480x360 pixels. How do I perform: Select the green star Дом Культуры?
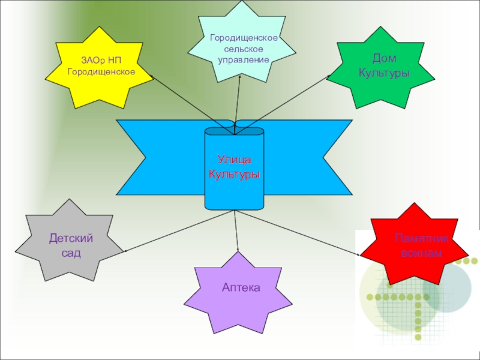384,67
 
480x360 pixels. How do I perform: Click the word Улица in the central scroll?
234,160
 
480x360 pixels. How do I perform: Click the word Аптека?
241,288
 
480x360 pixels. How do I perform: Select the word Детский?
71,239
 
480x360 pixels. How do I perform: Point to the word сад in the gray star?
71,253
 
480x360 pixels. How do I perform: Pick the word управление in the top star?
243,60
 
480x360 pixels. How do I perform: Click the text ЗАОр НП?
101,61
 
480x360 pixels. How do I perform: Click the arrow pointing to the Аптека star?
237,234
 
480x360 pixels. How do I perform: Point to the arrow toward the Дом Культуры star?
288,99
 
